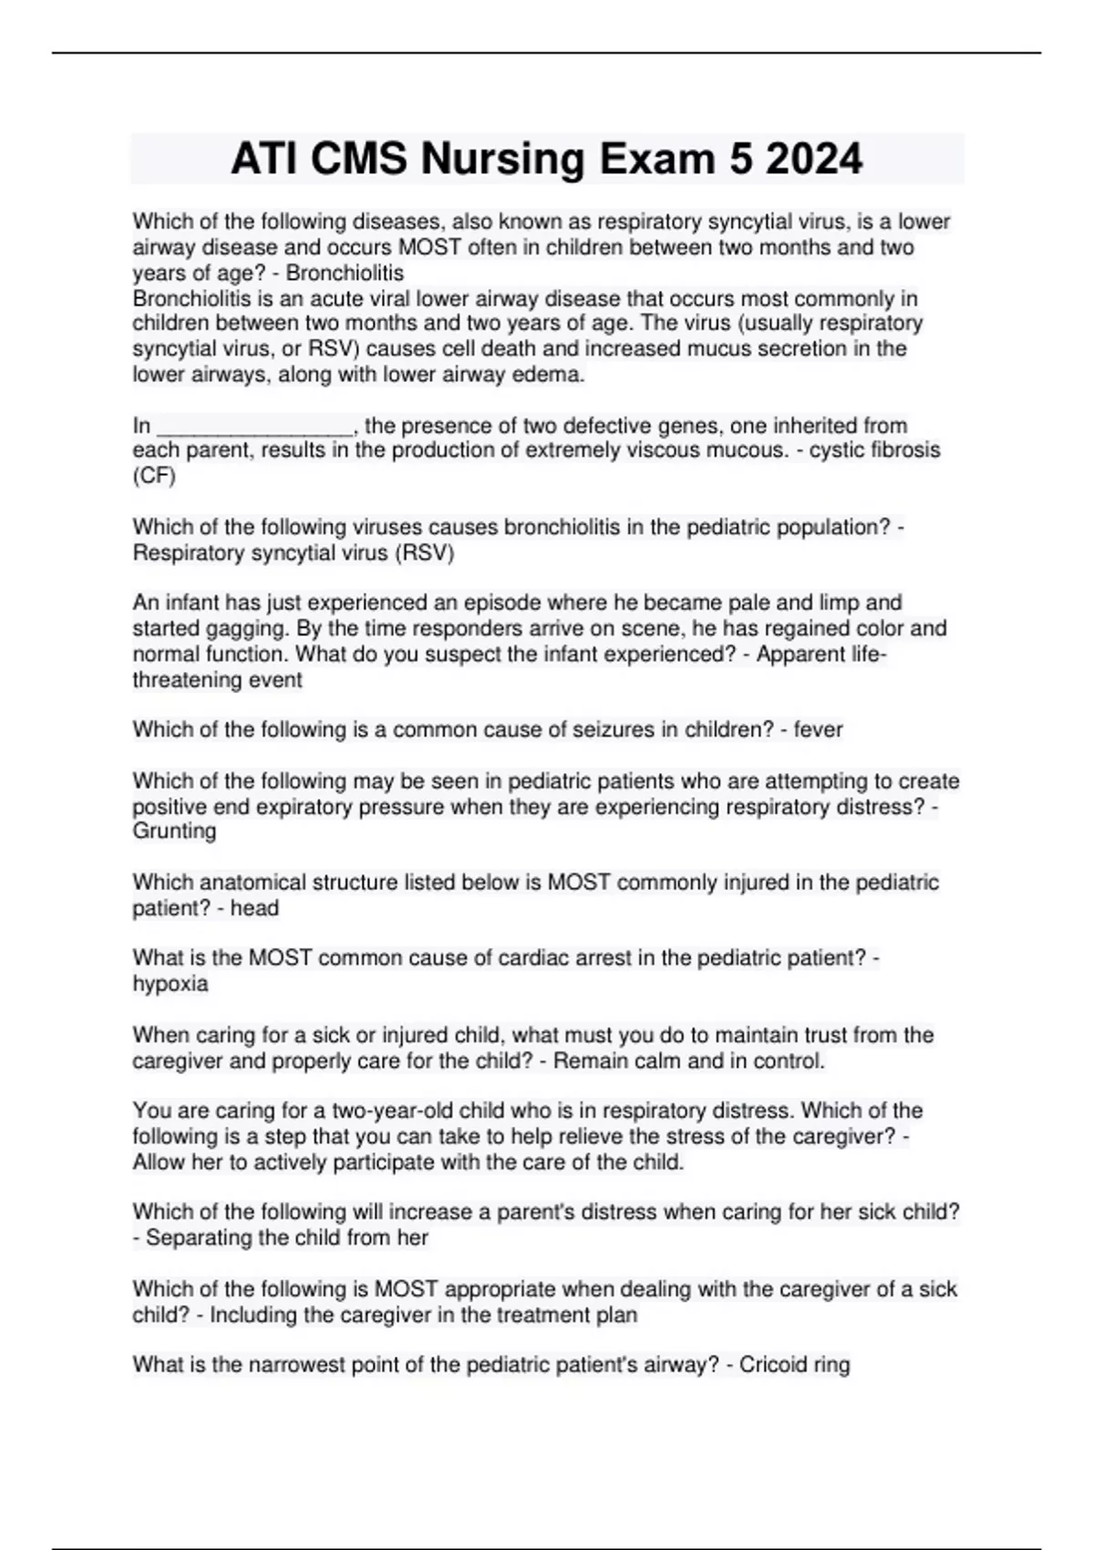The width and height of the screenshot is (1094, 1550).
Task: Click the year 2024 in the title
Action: point(814,160)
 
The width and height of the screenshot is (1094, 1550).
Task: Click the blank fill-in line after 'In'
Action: point(255,427)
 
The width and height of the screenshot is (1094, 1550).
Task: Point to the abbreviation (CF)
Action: point(154,476)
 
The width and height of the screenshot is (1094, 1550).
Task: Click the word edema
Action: point(552,375)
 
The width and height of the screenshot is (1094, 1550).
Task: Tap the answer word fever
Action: point(818,729)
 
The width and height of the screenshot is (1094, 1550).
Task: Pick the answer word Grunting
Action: point(174,832)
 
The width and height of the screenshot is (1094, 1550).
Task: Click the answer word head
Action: point(254,908)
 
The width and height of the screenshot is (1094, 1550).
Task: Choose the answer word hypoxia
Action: point(170,984)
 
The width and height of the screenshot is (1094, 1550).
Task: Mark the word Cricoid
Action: point(773,1365)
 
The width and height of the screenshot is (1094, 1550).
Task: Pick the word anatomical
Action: point(253,883)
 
